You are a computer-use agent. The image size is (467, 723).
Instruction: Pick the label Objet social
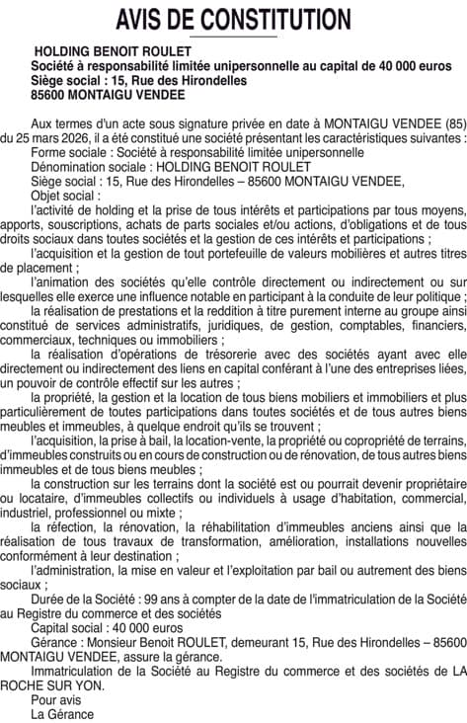(65, 196)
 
